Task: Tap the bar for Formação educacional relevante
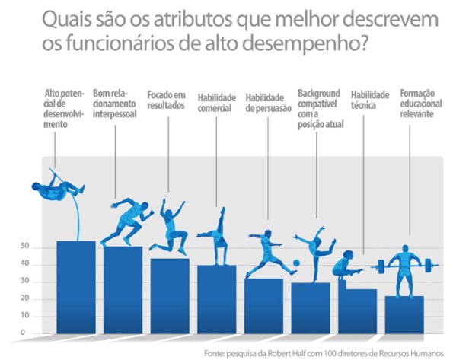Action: point(404,314)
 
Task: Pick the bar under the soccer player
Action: point(264,305)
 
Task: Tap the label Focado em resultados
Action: point(165,100)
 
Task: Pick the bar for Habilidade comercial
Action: point(217,298)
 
